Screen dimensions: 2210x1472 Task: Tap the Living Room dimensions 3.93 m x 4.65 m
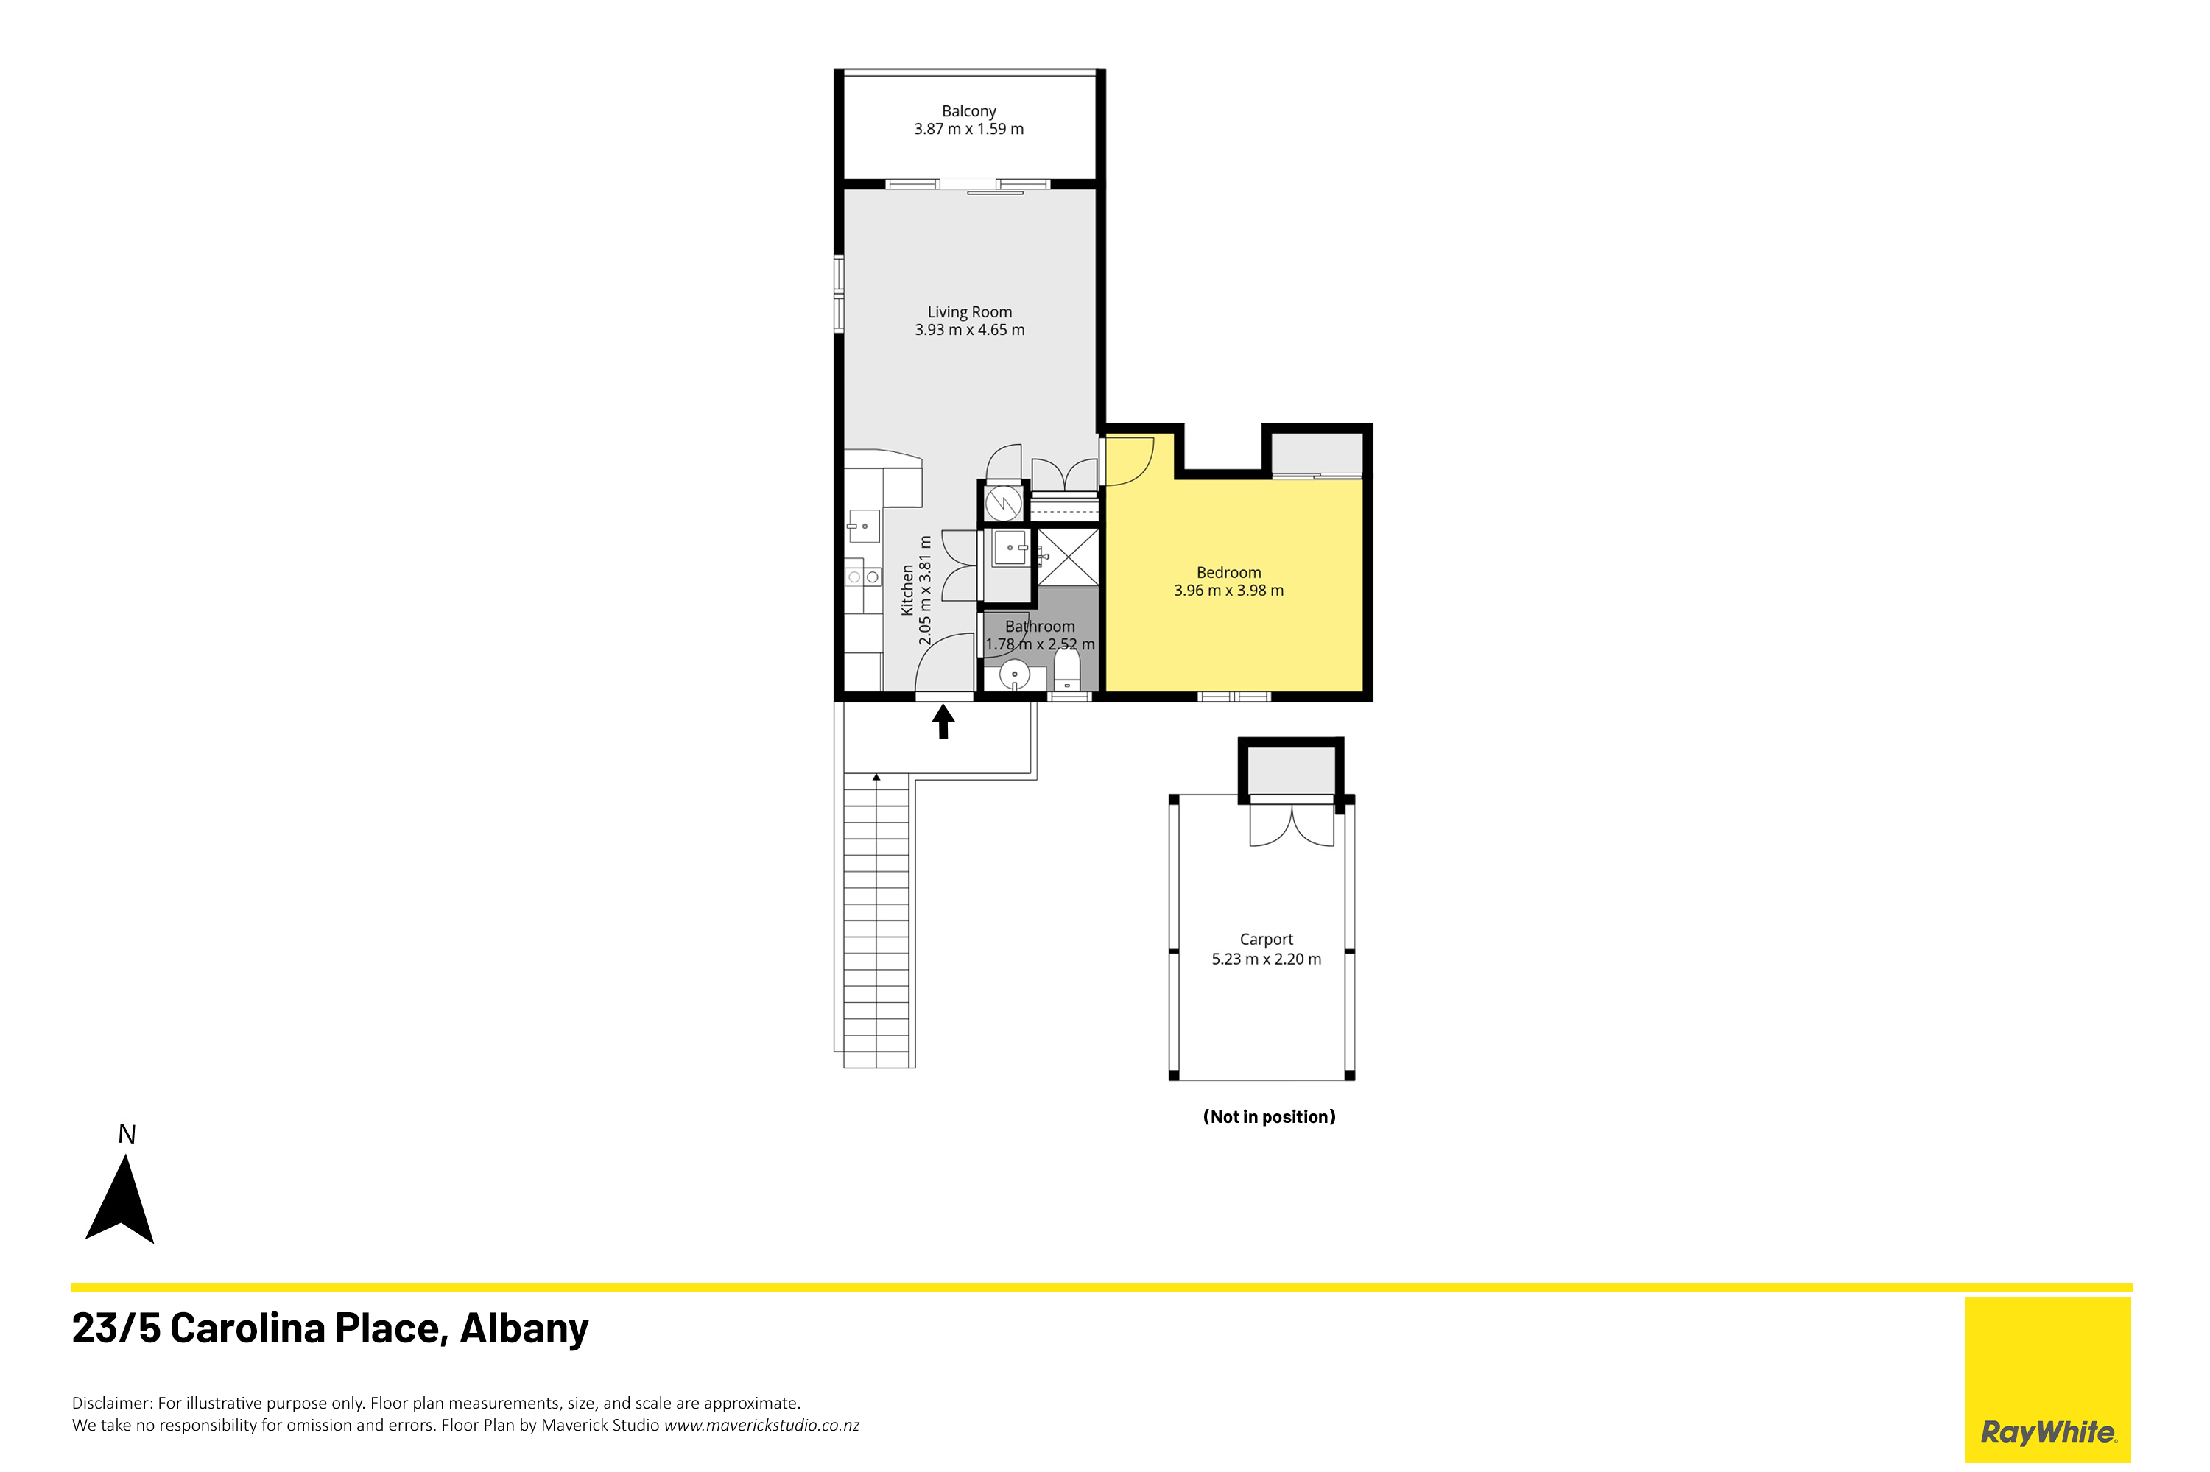[x=969, y=329]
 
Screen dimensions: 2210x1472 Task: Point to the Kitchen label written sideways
[x=907, y=590]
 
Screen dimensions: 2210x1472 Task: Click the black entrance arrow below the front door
[x=943, y=722]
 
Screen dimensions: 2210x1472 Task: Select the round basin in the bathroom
[x=1014, y=674]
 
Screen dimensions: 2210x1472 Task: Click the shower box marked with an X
[x=1068, y=557]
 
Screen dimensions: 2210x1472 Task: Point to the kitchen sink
[x=864, y=527]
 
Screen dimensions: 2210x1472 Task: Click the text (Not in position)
[x=1268, y=1116]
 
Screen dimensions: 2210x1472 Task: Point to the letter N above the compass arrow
[x=127, y=1134]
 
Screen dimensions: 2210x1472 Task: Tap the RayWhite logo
[x=2047, y=1379]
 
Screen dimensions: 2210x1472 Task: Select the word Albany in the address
[x=524, y=1328]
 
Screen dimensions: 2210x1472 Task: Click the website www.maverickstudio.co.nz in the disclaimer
[x=761, y=1425]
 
